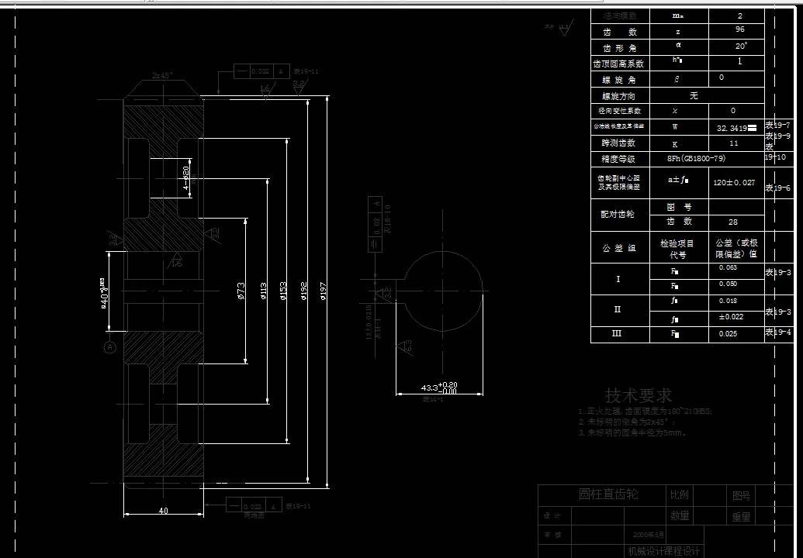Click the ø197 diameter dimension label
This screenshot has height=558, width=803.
[322, 293]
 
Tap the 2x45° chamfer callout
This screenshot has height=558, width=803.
[162, 75]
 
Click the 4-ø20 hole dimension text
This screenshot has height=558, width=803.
[186, 178]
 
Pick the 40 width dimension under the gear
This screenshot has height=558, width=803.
[163, 511]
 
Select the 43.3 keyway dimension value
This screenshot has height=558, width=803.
[429, 387]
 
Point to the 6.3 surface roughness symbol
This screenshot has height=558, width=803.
[406, 345]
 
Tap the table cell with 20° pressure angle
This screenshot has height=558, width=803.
[740, 46]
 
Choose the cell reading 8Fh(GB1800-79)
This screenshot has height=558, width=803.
[696, 159]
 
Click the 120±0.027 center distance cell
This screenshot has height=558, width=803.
[733, 183]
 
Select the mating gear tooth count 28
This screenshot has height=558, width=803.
[733, 222]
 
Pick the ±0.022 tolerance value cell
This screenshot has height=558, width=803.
[731, 316]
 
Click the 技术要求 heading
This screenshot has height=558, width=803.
[639, 396]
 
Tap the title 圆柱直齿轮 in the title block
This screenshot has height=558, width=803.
[609, 494]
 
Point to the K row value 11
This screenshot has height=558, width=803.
[733, 143]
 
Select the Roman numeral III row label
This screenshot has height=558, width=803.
[618, 333]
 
